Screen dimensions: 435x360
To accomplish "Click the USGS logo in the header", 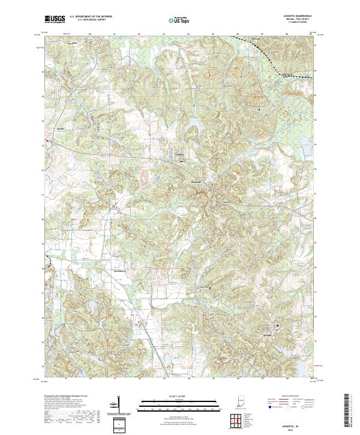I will click(x=55, y=19).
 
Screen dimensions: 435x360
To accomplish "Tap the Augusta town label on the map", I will click(x=178, y=155).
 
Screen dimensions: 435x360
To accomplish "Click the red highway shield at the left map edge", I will click(x=46, y=142).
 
